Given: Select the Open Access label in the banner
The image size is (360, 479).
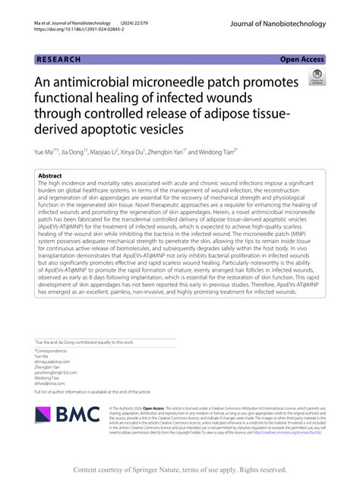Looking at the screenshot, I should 302,59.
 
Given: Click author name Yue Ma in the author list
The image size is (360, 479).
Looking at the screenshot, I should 47,153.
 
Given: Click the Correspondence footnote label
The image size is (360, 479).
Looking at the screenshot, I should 52,351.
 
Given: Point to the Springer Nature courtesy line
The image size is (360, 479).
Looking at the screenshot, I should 180,470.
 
